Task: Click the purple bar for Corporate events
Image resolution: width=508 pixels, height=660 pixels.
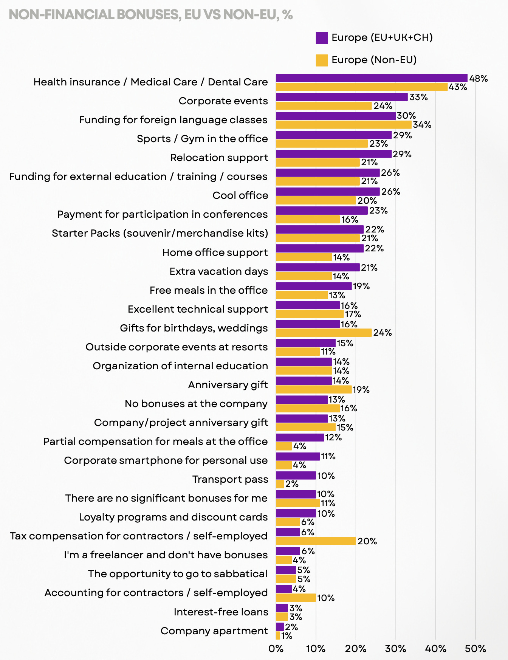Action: [x=342, y=97]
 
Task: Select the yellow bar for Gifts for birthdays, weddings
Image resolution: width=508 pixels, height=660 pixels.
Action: [x=324, y=333]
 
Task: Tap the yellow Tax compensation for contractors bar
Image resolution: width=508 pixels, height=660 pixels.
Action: [x=316, y=541]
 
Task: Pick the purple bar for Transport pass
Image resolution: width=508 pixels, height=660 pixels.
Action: [x=296, y=476]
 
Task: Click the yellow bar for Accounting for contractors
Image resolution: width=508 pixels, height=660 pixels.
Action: [x=296, y=598]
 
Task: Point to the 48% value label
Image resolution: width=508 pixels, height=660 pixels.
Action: [x=479, y=79]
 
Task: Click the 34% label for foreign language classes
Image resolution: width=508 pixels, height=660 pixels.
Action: [x=422, y=125]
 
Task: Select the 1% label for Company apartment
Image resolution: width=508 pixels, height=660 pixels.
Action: [x=287, y=636]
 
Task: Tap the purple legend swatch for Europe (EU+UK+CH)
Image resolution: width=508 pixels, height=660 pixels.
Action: [x=322, y=38]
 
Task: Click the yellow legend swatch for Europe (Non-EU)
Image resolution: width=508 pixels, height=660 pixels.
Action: [x=322, y=60]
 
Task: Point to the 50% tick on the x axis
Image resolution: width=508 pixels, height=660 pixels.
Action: [x=475, y=649]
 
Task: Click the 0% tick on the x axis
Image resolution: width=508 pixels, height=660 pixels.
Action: [x=276, y=649]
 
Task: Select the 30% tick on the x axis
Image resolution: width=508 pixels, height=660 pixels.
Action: [x=395, y=649]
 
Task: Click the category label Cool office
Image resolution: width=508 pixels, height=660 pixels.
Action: [x=240, y=195]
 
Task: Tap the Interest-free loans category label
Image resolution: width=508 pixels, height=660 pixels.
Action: [x=221, y=612]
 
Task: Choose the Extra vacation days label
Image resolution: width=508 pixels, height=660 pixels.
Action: [x=218, y=271]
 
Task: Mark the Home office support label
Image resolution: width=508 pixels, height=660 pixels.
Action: [x=215, y=252]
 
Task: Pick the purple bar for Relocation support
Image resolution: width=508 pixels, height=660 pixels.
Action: [x=333, y=154]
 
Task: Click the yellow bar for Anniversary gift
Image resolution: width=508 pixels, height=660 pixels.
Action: [x=314, y=389]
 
